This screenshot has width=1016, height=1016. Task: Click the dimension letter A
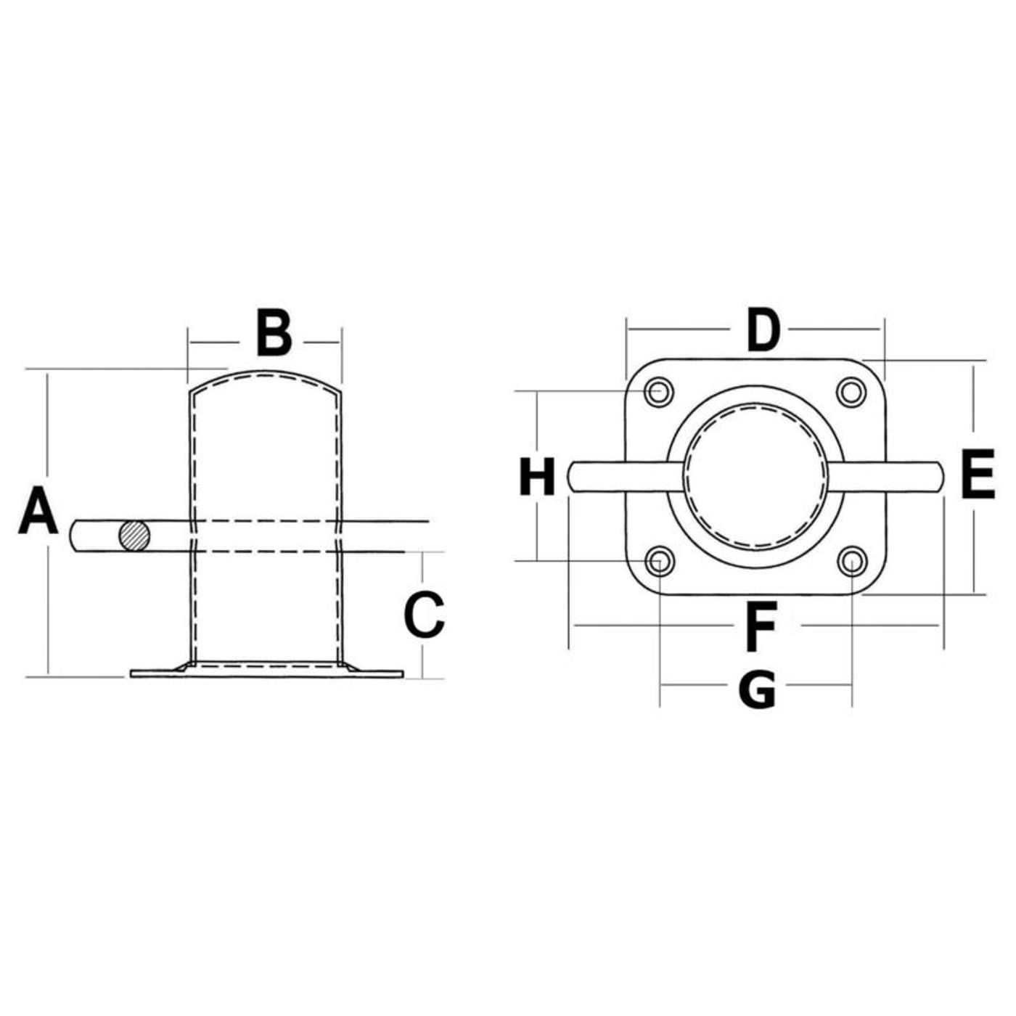38,510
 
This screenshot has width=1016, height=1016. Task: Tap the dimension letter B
274,332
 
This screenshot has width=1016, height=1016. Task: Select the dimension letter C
424,614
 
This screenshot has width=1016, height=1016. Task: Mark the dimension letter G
758,689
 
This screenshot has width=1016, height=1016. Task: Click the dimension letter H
537,476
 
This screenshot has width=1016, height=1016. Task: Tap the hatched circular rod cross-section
134,536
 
